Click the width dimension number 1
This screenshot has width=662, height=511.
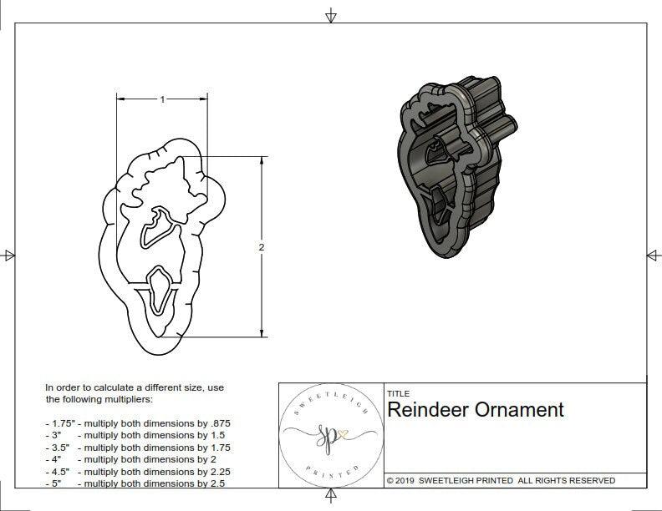(162, 99)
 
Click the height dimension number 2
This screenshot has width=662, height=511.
(262, 248)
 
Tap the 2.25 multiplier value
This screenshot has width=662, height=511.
(219, 471)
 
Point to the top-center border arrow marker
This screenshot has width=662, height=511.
(331, 15)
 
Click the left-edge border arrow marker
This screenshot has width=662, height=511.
(8, 255)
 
